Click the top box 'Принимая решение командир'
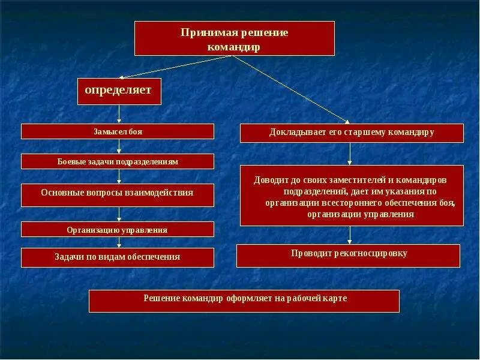(234, 39)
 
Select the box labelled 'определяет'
(119, 91)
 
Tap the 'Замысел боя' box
(118, 131)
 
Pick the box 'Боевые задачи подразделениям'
(118, 161)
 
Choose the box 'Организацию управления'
(118, 229)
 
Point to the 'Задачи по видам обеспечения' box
(118, 257)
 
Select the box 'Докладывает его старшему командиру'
(352, 133)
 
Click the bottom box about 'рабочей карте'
(244, 301)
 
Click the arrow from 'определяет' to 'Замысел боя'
(119, 114)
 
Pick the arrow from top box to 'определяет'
(174, 67)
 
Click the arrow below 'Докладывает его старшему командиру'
(350, 154)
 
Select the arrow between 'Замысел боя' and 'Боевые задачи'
(119, 146)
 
